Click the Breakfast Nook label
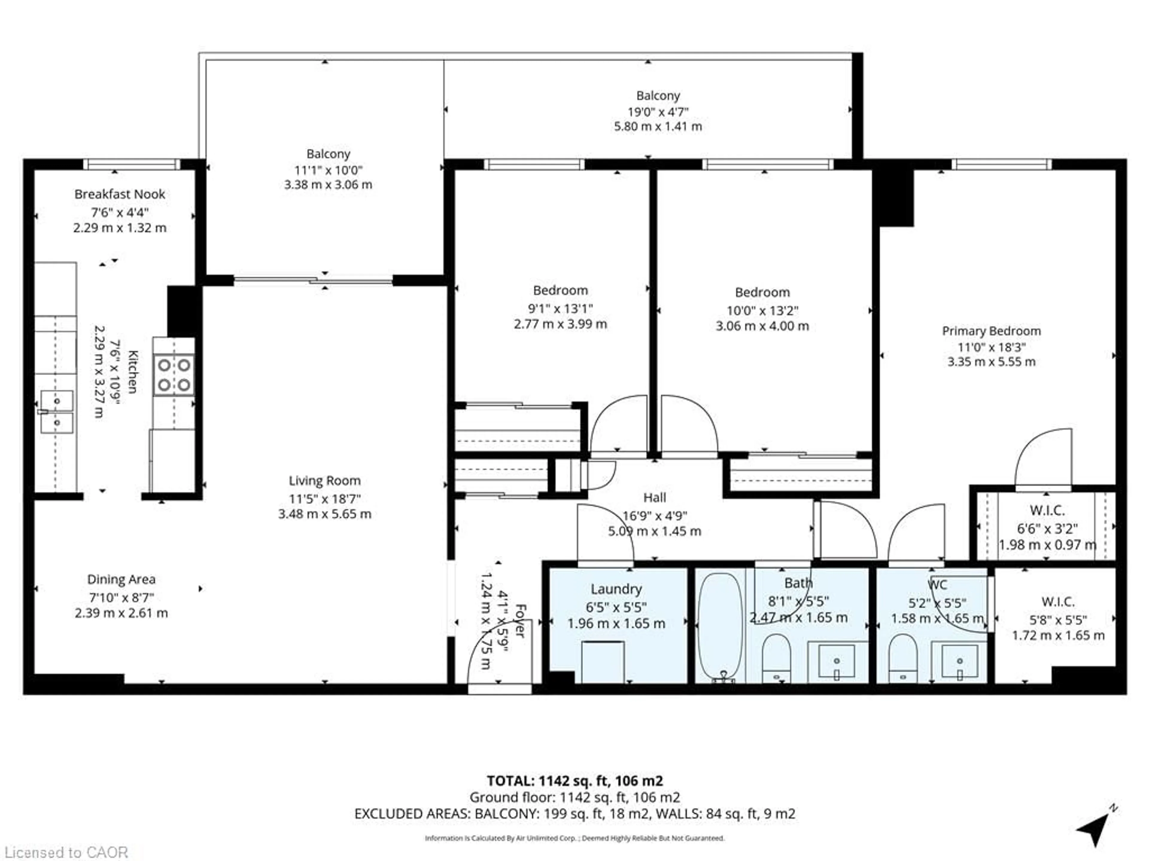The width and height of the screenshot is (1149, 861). [119, 194]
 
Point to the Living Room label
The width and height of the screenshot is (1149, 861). [325, 481]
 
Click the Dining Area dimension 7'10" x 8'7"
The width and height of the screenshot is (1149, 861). [121, 597]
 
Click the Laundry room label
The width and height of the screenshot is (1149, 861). [616, 589]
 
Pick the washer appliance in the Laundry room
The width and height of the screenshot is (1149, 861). [603, 662]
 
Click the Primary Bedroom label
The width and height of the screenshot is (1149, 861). [991, 331]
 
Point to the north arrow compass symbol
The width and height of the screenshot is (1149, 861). [1096, 831]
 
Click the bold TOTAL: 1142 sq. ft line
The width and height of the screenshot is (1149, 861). [574, 781]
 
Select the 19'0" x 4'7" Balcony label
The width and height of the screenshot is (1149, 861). [658, 111]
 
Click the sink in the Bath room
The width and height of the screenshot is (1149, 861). [836, 662]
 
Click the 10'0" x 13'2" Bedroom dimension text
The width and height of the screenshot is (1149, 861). [762, 310]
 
